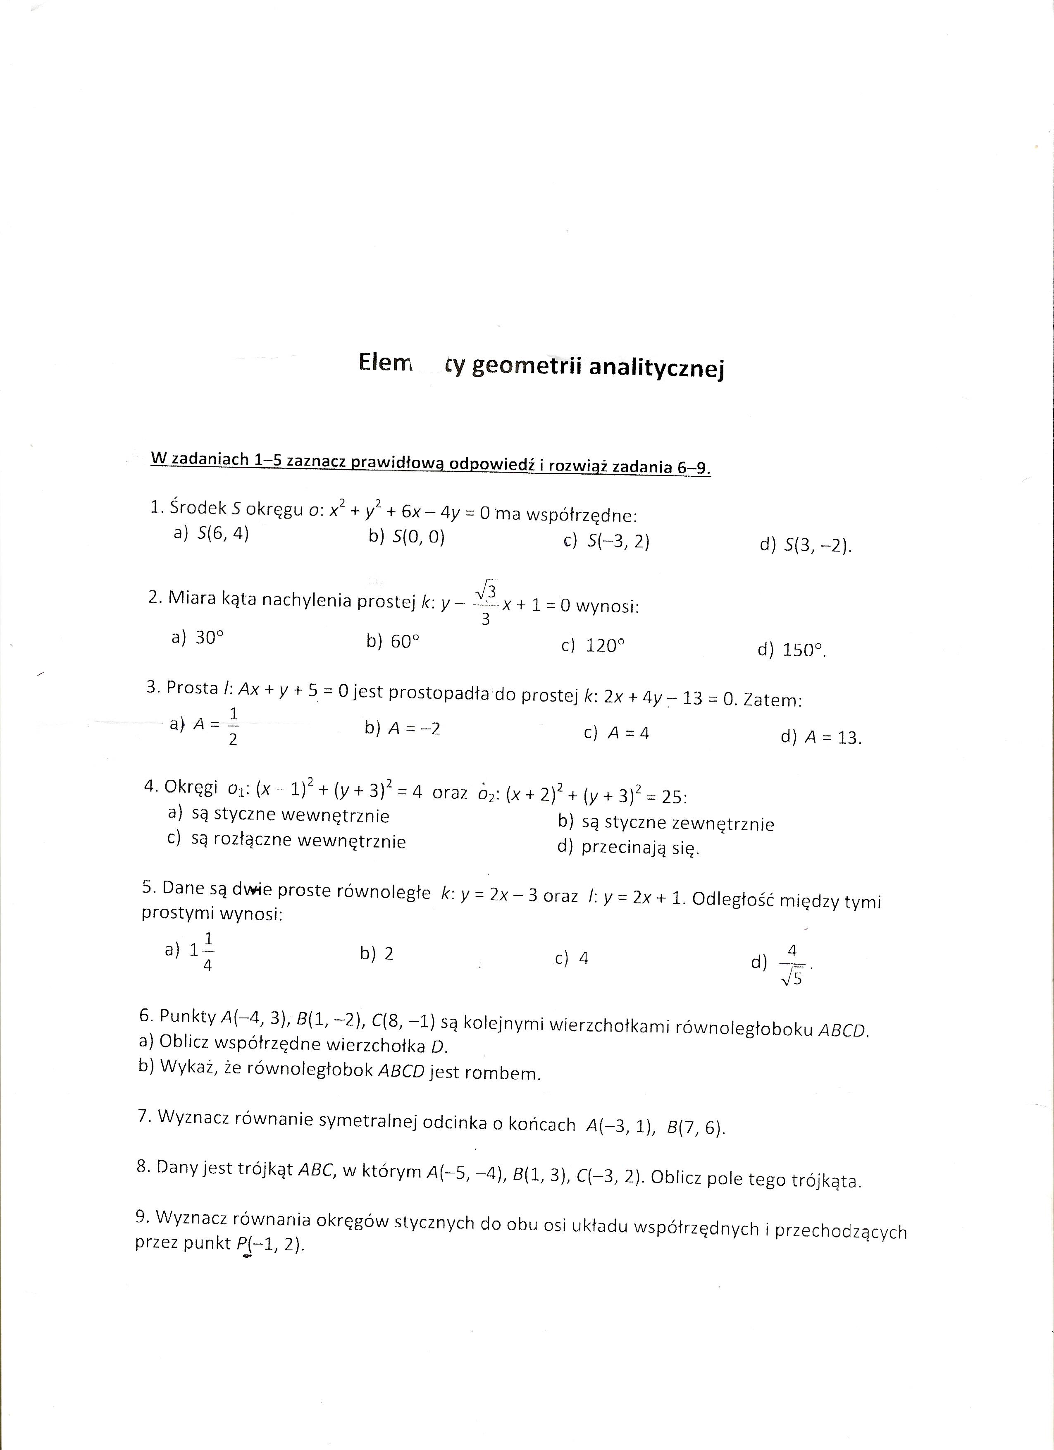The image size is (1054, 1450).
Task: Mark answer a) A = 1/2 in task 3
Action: coord(205,726)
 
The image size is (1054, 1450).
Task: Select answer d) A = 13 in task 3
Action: coord(821,737)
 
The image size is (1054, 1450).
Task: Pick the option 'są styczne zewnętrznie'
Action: coord(665,824)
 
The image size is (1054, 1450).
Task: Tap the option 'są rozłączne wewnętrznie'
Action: coord(286,840)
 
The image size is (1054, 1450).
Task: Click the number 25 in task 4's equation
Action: coord(674,797)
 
